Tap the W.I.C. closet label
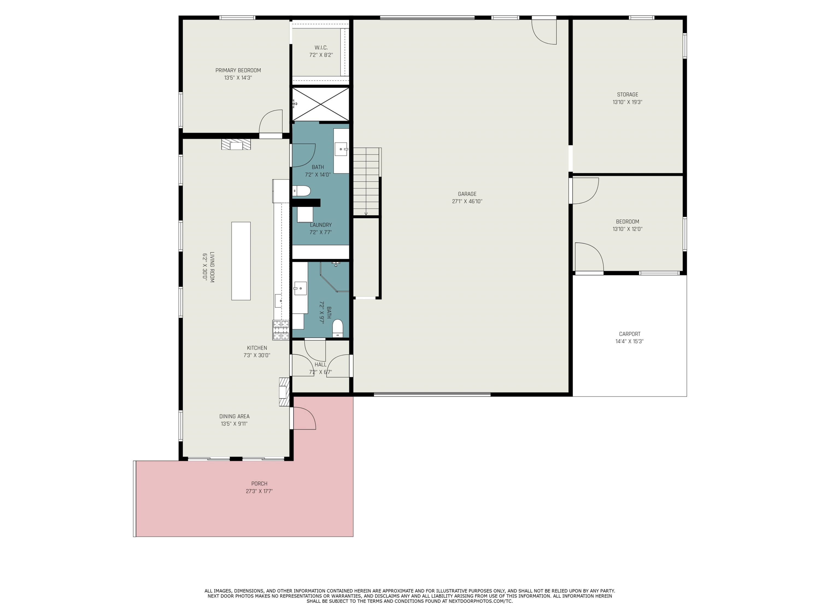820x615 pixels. [x=321, y=48]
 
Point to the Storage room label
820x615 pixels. [x=627, y=95]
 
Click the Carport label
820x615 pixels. [x=629, y=334]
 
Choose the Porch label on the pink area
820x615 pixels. [x=259, y=484]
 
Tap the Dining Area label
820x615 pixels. [x=234, y=416]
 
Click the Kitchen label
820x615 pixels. [x=257, y=348]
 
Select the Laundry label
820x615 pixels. [x=321, y=225]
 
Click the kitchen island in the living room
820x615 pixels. [x=241, y=261]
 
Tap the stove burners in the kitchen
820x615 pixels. [x=281, y=330]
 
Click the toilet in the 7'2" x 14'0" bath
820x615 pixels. [x=301, y=191]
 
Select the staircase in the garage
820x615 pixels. [x=366, y=182]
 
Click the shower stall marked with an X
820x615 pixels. [x=321, y=104]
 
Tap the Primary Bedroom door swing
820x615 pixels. [x=271, y=121]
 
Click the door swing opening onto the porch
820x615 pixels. [x=304, y=418]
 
